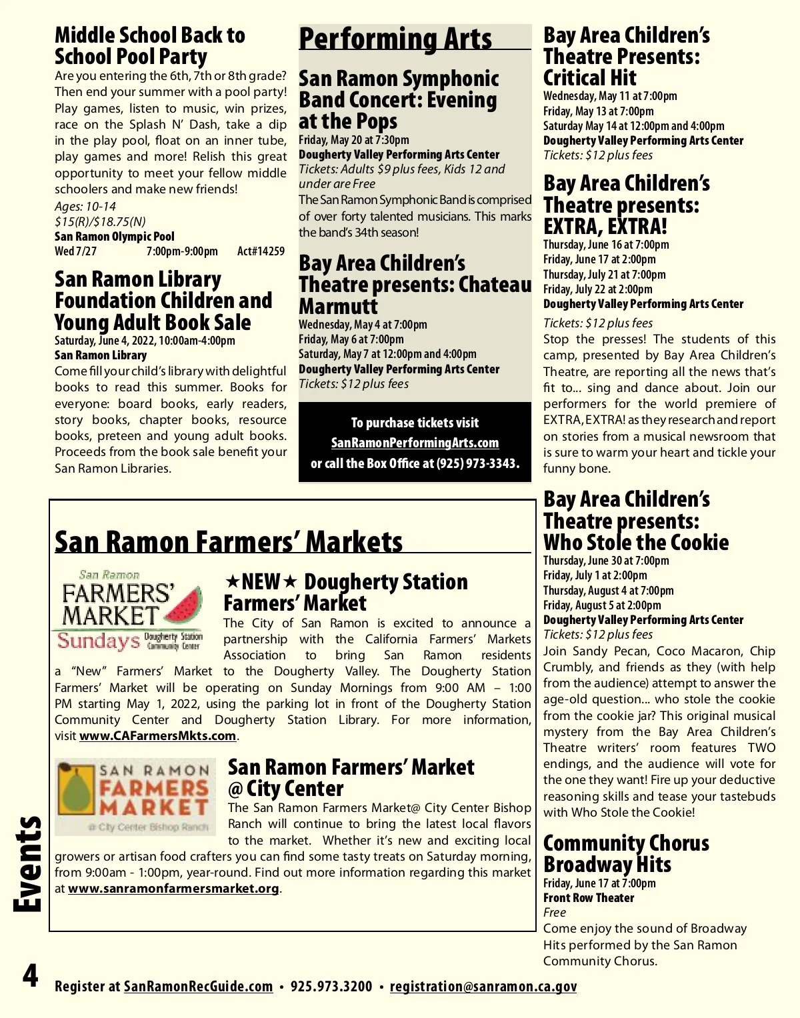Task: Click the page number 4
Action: [x=30, y=976]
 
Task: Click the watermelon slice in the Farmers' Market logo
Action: [x=183, y=605]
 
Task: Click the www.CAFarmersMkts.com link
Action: [x=157, y=736]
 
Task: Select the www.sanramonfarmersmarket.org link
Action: [x=173, y=889]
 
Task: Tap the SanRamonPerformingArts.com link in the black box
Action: [x=415, y=443]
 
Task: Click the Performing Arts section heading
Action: [x=395, y=39]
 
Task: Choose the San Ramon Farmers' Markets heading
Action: [x=229, y=541]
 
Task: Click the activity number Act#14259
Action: [x=261, y=251]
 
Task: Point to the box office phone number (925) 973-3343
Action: [x=477, y=463]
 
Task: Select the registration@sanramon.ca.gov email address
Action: [x=483, y=986]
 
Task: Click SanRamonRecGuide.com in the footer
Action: [x=198, y=986]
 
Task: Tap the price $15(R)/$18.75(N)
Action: [x=100, y=221]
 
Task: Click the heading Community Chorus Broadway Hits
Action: [x=625, y=853]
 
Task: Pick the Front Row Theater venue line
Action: [x=589, y=897]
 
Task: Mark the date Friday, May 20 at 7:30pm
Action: [x=354, y=140]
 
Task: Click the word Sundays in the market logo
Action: [x=98, y=641]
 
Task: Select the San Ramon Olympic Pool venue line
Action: [x=115, y=236]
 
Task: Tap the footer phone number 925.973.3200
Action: [x=331, y=986]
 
